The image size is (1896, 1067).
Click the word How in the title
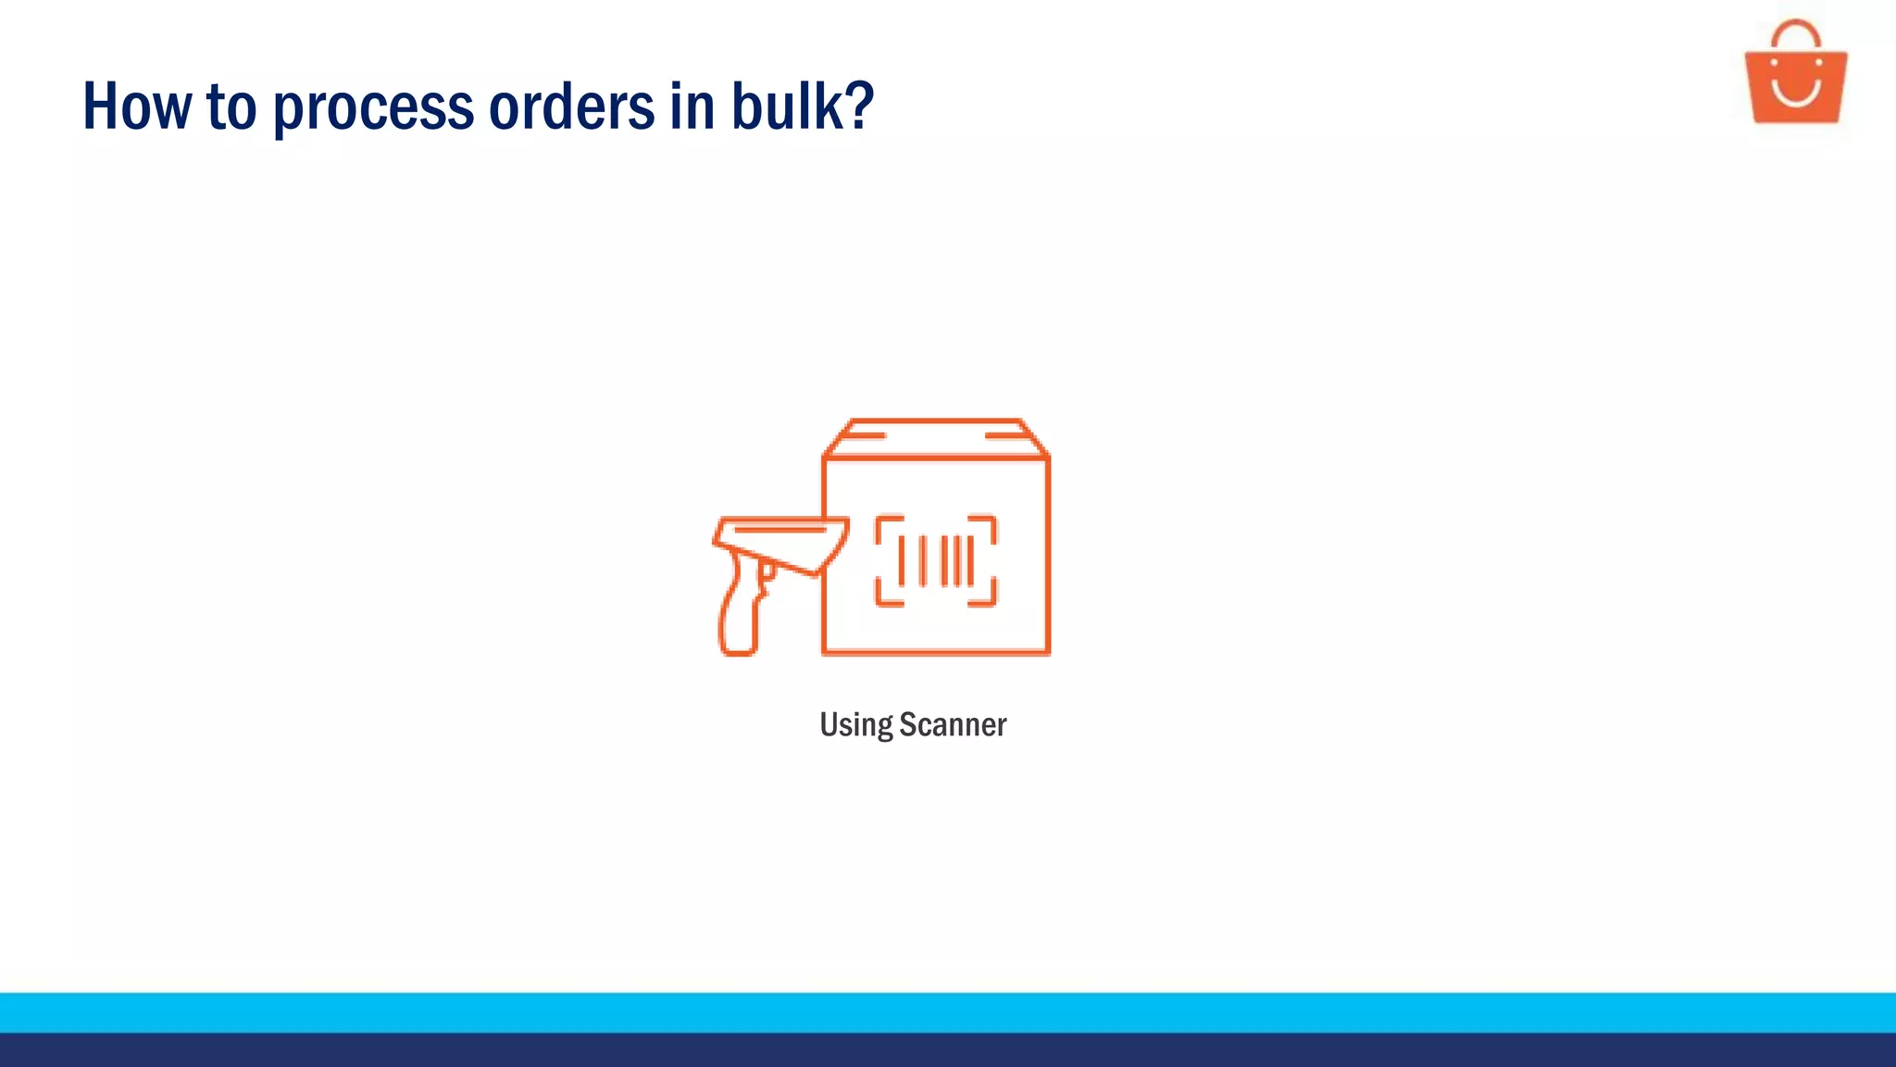(137, 107)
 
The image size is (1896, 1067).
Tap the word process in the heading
(373, 109)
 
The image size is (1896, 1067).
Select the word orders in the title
(571, 107)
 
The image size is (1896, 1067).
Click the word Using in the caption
(855, 725)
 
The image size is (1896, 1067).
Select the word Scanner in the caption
(953, 724)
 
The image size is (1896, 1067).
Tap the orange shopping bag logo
(1795, 83)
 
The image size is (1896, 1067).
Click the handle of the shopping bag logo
(1795, 31)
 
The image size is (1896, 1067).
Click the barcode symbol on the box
(936, 560)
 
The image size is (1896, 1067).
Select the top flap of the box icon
(936, 436)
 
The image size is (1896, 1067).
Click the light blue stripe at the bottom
(948, 1012)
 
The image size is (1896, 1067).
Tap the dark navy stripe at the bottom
(948, 1050)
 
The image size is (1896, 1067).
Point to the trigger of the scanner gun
(767, 571)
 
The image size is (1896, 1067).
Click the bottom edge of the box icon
(936, 652)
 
